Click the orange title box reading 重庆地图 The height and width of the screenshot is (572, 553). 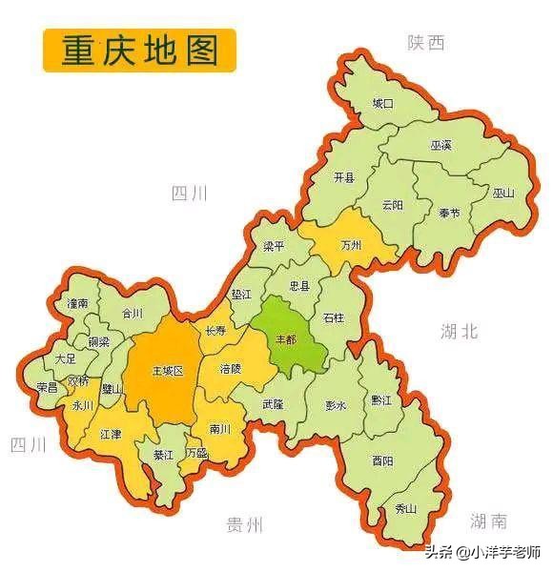click(x=139, y=50)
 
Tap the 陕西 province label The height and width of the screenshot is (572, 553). click(x=425, y=42)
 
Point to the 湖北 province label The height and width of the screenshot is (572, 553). click(x=459, y=331)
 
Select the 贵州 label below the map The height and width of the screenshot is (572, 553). click(x=244, y=524)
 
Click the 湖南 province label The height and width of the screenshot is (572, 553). click(x=488, y=521)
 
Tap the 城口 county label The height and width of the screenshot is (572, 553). click(x=382, y=102)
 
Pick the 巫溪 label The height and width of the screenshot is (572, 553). click(x=441, y=146)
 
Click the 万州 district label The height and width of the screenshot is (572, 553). click(x=351, y=245)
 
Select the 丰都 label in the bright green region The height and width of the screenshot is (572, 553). click(x=286, y=339)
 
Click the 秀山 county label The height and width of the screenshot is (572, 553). click(x=405, y=509)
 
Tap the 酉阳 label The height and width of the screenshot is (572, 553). click(x=382, y=460)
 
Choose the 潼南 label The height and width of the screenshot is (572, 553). click(x=77, y=302)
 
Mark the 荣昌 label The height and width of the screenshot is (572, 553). click(x=47, y=387)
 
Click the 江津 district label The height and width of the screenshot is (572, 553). click(x=110, y=434)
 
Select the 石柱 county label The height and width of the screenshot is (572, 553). click(x=333, y=317)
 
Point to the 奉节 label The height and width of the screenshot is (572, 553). click(x=448, y=213)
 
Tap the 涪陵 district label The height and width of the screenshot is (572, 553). click(x=231, y=367)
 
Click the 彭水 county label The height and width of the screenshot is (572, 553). click(x=335, y=404)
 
